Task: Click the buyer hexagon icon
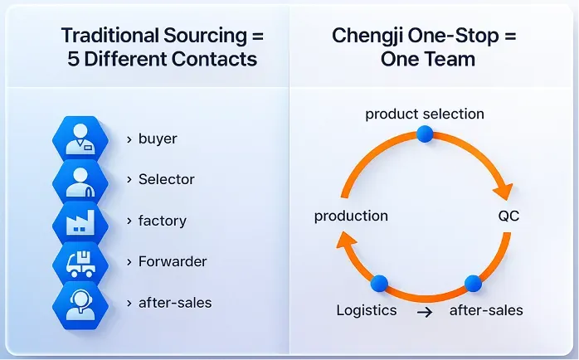(x=80, y=139)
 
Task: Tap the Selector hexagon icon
(x=80, y=180)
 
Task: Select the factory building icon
(x=80, y=221)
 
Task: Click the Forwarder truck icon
(x=80, y=262)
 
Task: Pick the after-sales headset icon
(x=80, y=303)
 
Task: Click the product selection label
(x=425, y=114)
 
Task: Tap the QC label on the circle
(x=508, y=216)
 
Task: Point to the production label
(x=351, y=216)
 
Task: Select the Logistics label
(x=367, y=311)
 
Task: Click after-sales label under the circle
(x=486, y=311)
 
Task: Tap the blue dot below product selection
(x=425, y=134)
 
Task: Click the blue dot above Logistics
(x=378, y=284)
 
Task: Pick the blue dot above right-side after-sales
(x=473, y=284)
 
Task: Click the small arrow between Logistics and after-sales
(x=424, y=312)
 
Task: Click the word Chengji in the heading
(x=371, y=36)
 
